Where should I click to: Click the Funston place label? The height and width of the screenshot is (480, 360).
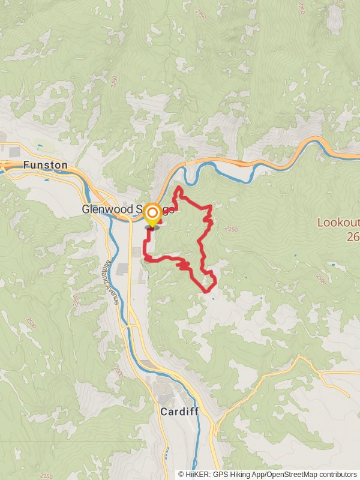click(x=45, y=164)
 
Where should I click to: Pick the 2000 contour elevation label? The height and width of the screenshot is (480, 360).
click(x=119, y=371)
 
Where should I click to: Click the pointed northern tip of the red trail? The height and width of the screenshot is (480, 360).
click(x=179, y=188)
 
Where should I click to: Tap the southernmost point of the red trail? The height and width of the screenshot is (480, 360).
click(x=208, y=292)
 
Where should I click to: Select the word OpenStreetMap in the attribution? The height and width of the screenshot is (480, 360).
click(x=293, y=474)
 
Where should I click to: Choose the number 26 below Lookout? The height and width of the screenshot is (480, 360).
click(x=353, y=236)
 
